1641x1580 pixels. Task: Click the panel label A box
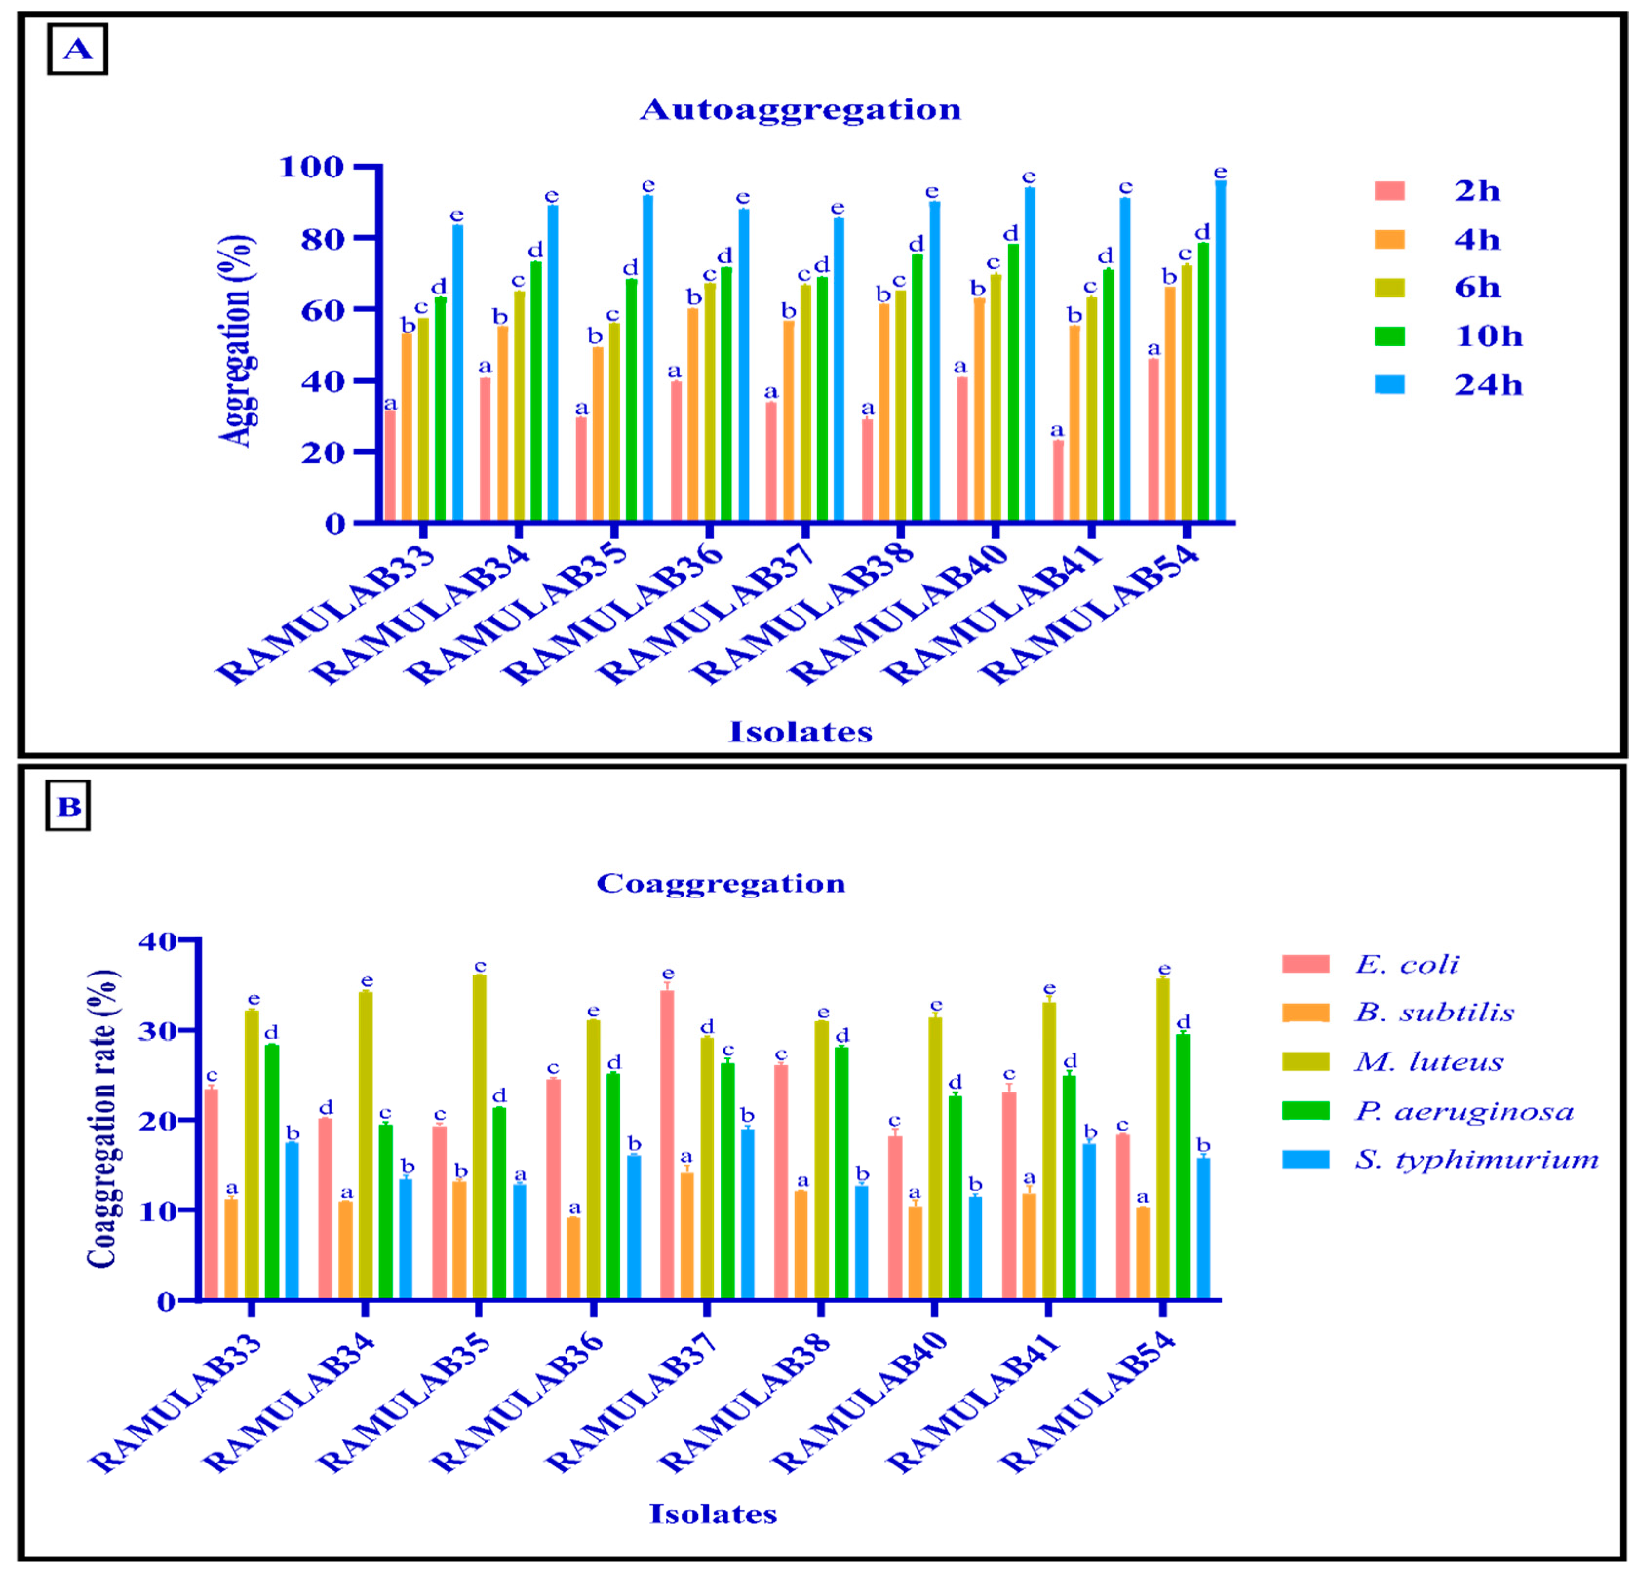tap(77, 49)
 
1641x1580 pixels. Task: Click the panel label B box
tap(68, 805)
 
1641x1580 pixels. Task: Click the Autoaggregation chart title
tap(801, 110)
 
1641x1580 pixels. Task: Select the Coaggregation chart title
tap(721, 883)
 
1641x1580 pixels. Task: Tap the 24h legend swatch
tap(1390, 384)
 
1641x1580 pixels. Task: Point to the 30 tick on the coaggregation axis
tap(157, 1030)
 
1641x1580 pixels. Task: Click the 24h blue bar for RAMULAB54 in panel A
tap(1221, 351)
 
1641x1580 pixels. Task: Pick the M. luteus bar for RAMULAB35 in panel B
tap(480, 1137)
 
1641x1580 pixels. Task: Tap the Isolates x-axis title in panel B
tap(713, 1514)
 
